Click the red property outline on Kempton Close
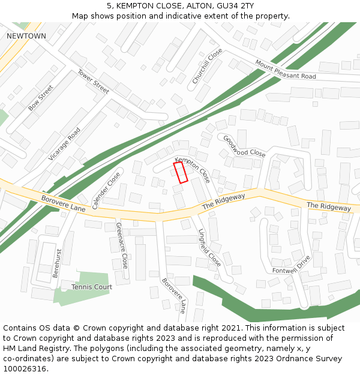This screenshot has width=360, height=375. coord(181,172)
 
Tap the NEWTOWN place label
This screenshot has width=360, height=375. coord(26,36)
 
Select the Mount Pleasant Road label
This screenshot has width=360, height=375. coord(285,70)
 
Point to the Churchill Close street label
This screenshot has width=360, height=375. coord(207,66)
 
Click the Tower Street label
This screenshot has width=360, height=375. coord(93,81)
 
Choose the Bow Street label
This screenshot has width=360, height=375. coord(41,98)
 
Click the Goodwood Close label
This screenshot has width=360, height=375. coord(244,146)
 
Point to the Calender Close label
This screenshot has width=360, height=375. coord(106,190)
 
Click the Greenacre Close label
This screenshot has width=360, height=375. coord(121,245)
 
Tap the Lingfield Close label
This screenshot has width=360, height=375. coord(209,248)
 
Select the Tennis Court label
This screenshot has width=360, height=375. coord(92,287)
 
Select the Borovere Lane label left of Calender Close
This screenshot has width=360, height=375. coord(64,203)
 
